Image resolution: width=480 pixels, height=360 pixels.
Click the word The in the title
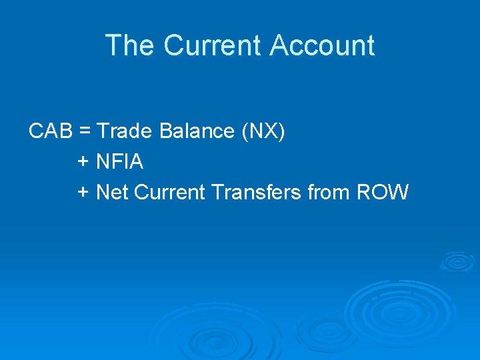coord(129,46)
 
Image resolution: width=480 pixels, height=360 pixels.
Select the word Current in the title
coord(213,46)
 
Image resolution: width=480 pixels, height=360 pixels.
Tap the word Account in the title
coord(322,46)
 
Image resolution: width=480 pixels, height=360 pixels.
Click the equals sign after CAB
coord(85,132)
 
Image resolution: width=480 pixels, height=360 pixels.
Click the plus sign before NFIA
coord(83,162)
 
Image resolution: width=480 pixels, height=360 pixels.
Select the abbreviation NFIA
coord(120,162)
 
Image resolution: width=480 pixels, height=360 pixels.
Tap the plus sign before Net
coord(83,193)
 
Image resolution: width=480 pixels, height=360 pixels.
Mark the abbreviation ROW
coord(383,193)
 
